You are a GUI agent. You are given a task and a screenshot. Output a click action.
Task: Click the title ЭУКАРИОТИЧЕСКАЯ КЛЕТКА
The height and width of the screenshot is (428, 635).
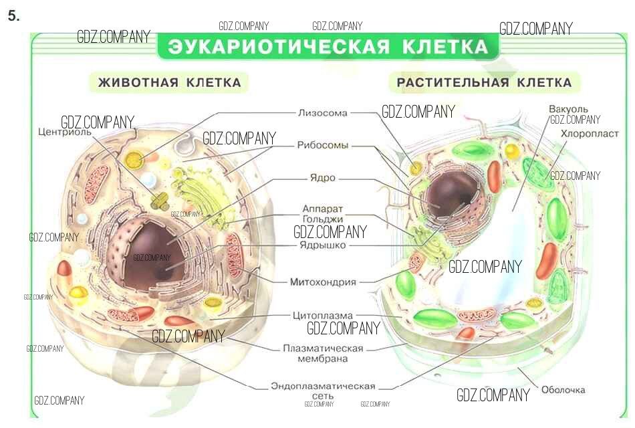click(328, 47)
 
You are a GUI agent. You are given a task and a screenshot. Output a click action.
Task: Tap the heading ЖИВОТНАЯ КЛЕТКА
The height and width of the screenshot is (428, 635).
click(169, 83)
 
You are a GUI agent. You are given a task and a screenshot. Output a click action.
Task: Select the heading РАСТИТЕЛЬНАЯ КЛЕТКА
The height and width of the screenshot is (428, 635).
click(484, 83)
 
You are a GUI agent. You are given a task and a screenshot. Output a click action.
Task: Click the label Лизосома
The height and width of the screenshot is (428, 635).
click(323, 113)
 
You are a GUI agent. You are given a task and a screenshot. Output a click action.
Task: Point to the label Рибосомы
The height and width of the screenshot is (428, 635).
click(323, 145)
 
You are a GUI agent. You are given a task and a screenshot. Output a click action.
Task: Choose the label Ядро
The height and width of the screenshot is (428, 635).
click(322, 179)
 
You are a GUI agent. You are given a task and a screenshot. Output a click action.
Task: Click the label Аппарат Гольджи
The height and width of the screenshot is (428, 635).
click(322, 213)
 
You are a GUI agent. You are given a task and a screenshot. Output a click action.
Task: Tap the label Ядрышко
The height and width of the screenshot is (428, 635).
click(322, 245)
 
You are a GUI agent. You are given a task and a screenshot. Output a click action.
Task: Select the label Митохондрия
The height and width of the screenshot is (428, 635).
click(322, 282)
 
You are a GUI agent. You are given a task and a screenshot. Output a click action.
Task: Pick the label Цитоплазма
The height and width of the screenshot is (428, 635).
click(323, 315)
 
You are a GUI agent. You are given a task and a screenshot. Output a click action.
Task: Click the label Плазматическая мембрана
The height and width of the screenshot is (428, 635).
click(323, 353)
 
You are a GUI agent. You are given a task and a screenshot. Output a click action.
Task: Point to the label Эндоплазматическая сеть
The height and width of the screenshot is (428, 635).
click(323, 391)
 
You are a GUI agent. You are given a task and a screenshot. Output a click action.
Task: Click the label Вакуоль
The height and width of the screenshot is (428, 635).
click(568, 109)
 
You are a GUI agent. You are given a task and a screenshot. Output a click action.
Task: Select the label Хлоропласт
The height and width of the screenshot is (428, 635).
click(590, 134)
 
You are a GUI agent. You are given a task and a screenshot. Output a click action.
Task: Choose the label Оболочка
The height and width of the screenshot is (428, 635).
click(563, 390)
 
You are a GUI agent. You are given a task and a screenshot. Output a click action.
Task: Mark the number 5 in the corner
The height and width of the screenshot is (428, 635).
click(14, 17)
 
